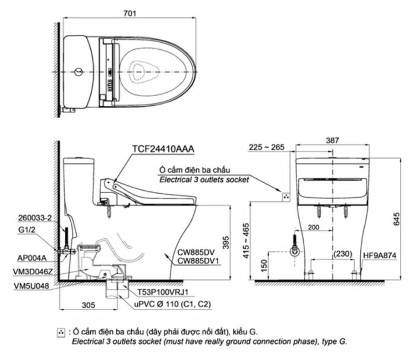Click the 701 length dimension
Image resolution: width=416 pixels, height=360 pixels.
(130, 13)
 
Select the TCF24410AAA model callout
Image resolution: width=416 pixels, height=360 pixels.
(163, 149)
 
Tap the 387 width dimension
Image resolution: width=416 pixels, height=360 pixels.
(332, 140)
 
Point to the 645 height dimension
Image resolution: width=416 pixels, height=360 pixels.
(396, 219)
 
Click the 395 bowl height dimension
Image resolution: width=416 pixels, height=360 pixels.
(226, 242)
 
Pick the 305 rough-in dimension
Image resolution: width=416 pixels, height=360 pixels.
(89, 305)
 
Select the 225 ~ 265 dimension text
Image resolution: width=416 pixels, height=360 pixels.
(267, 147)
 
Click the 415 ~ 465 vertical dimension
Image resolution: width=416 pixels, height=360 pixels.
(246, 241)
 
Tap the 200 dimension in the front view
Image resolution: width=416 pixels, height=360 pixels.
(313, 228)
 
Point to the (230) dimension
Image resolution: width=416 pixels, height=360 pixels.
(343, 254)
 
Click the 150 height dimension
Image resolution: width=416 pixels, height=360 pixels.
(264, 266)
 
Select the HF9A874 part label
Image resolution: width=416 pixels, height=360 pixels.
(380, 255)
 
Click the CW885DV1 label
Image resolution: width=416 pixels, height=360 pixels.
(198, 261)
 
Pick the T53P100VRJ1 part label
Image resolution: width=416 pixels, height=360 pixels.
(163, 292)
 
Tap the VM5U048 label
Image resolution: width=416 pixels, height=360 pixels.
(31, 286)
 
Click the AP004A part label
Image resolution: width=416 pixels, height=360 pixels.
(32, 258)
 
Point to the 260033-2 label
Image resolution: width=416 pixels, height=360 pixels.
(34, 218)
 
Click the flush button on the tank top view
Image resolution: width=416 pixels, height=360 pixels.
(78, 72)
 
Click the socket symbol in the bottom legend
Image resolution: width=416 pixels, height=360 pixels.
(61, 333)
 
